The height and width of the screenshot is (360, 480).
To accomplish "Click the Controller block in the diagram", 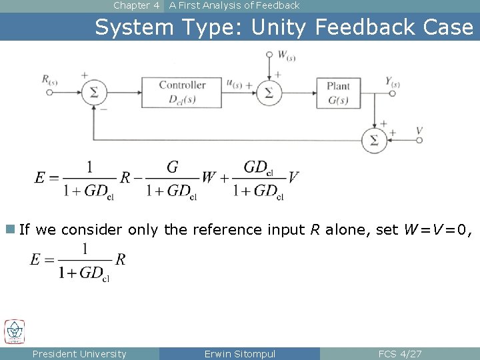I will (x=181, y=93).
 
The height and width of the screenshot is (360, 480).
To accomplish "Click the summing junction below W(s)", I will (x=269, y=93).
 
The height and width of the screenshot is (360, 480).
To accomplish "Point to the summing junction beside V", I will (x=374, y=140).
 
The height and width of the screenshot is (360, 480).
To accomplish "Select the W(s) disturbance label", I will (x=286, y=55).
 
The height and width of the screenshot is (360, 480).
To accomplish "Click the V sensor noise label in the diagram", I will (x=419, y=131).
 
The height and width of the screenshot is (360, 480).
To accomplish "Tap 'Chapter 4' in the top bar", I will (x=137, y=5).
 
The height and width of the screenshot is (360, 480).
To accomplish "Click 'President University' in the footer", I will (x=79, y=354).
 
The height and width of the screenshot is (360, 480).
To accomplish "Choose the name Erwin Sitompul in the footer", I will (x=239, y=354).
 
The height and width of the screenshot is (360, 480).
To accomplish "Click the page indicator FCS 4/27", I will (x=399, y=354).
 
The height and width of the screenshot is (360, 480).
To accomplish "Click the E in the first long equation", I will (x=41, y=177).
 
